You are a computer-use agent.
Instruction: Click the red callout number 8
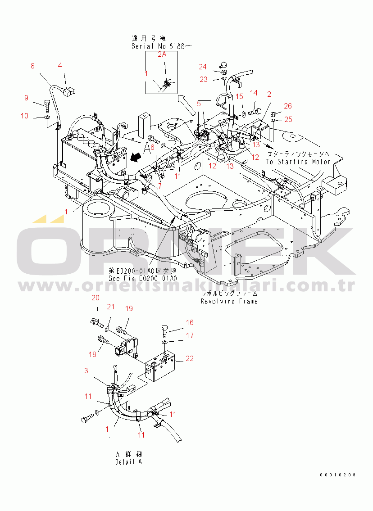(32, 66)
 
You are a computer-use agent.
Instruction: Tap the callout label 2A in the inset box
(162, 54)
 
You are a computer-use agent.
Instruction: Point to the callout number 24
(203, 67)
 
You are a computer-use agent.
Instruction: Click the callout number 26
(287, 106)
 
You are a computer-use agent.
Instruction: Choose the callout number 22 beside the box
(190, 358)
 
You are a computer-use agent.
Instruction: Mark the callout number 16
(190, 322)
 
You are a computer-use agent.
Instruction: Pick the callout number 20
(96, 298)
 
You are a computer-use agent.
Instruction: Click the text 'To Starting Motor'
(298, 162)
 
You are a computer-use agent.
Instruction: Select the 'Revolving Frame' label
(229, 301)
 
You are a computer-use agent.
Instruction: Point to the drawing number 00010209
(338, 475)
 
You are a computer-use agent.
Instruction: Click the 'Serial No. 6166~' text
(155, 46)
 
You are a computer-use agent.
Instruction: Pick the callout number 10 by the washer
(24, 116)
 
